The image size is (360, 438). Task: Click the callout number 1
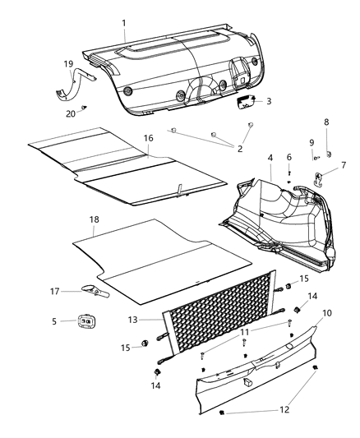coord(123,36)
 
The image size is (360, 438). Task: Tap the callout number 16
coord(148,138)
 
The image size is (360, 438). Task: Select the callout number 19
coord(69,62)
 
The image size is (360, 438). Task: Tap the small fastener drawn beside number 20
coord(85,107)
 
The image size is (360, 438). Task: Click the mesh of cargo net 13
coord(218,316)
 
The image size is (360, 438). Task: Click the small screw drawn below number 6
coord(289,180)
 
